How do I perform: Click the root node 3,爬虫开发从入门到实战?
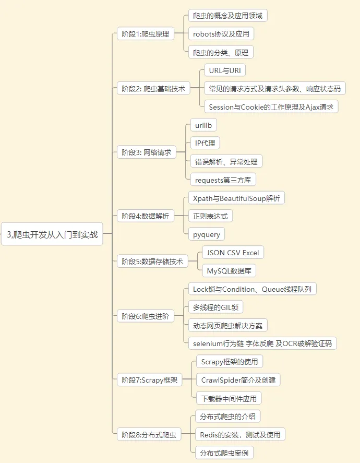[x=52, y=235]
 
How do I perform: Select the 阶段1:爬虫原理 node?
[x=146, y=34]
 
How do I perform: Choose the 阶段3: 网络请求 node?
[x=147, y=152]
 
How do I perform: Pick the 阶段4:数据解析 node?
[x=146, y=216]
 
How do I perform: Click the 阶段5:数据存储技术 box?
[x=152, y=262]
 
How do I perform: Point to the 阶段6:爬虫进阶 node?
[x=146, y=316]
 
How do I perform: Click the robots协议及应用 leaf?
[x=221, y=34]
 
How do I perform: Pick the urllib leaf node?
[x=203, y=125]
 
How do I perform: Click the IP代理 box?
[x=205, y=143]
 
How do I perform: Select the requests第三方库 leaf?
[x=223, y=180]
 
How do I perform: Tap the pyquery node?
[x=207, y=234]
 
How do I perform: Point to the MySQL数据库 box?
[x=229, y=271]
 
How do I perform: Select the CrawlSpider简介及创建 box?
[x=238, y=380]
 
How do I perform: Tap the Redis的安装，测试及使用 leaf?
[x=240, y=434]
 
